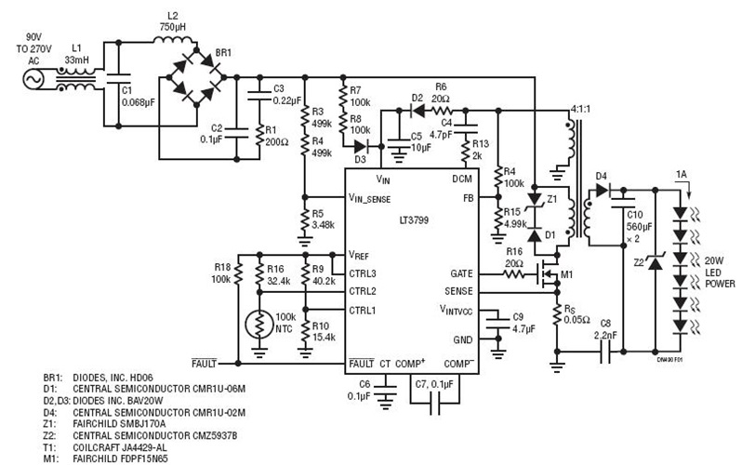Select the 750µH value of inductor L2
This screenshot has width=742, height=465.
[173, 28]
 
